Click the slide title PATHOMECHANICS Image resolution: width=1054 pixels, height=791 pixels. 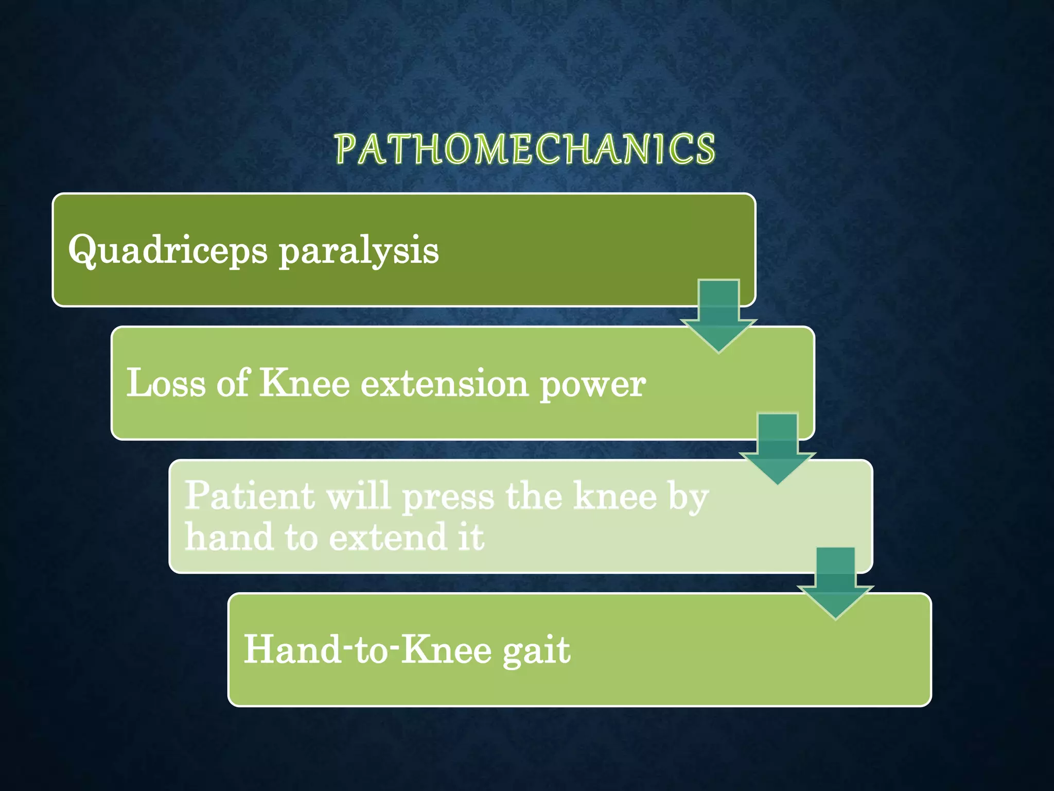pos(525,149)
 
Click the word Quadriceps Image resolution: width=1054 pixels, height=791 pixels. pos(168,251)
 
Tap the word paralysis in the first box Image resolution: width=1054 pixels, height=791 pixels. pos(359,251)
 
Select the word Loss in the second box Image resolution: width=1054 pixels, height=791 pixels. pos(166,384)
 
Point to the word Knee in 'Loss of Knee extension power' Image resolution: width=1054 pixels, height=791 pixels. pos(304,384)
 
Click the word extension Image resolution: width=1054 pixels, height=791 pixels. pos(444,384)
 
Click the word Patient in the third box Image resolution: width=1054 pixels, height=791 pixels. pos(250,496)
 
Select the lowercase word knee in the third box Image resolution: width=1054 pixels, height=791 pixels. pos(615,496)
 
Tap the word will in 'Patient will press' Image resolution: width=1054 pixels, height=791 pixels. pos(358,496)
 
